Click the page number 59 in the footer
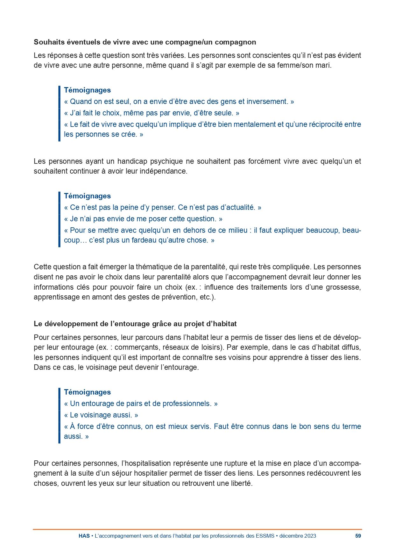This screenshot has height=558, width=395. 358,536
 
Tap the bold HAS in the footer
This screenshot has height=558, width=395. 84,536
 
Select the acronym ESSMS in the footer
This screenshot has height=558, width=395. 265,536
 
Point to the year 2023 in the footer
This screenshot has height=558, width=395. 310,536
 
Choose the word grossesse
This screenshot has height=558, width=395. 345,287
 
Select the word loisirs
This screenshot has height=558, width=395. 210,347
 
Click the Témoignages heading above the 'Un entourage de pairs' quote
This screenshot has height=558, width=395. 87,392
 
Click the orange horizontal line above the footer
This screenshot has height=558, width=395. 197,529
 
